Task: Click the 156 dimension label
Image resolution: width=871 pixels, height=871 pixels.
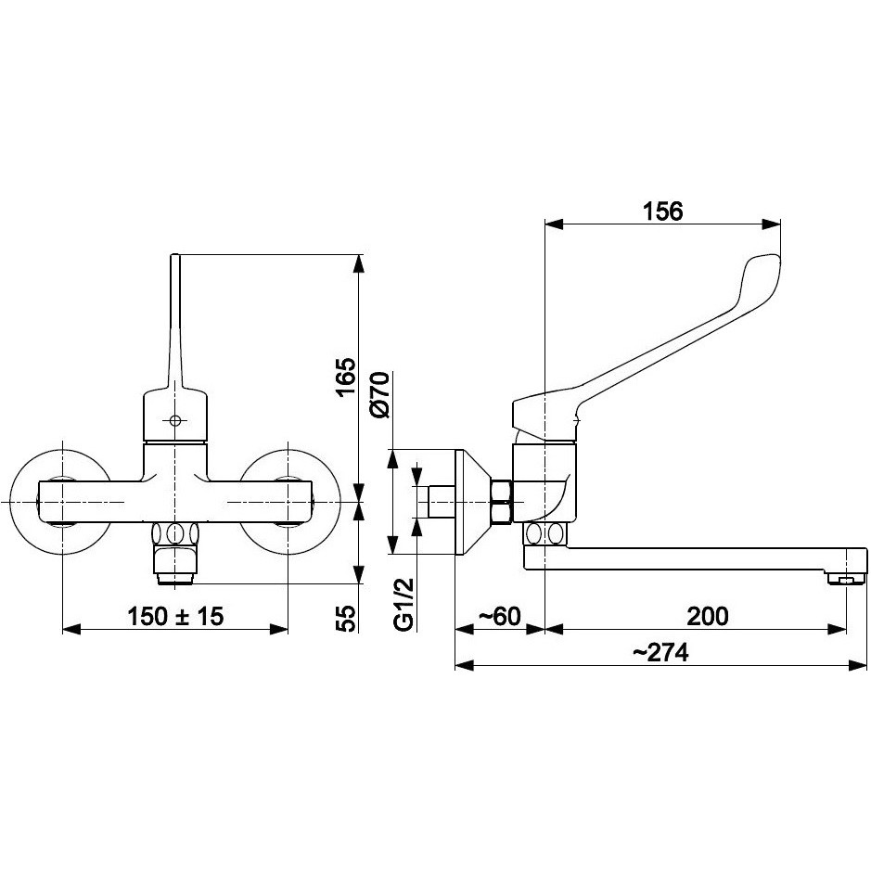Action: click(662, 211)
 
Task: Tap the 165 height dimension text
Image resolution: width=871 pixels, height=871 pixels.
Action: click(345, 378)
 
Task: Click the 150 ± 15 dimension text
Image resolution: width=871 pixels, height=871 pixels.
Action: click(175, 616)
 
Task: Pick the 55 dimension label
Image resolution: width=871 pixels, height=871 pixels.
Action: click(345, 619)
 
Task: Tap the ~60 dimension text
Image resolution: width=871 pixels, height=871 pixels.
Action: click(499, 616)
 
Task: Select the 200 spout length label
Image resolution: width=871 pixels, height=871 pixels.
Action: click(707, 616)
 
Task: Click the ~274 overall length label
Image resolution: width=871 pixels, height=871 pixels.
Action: click(660, 653)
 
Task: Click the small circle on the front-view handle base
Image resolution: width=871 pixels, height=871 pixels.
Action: click(175, 420)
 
